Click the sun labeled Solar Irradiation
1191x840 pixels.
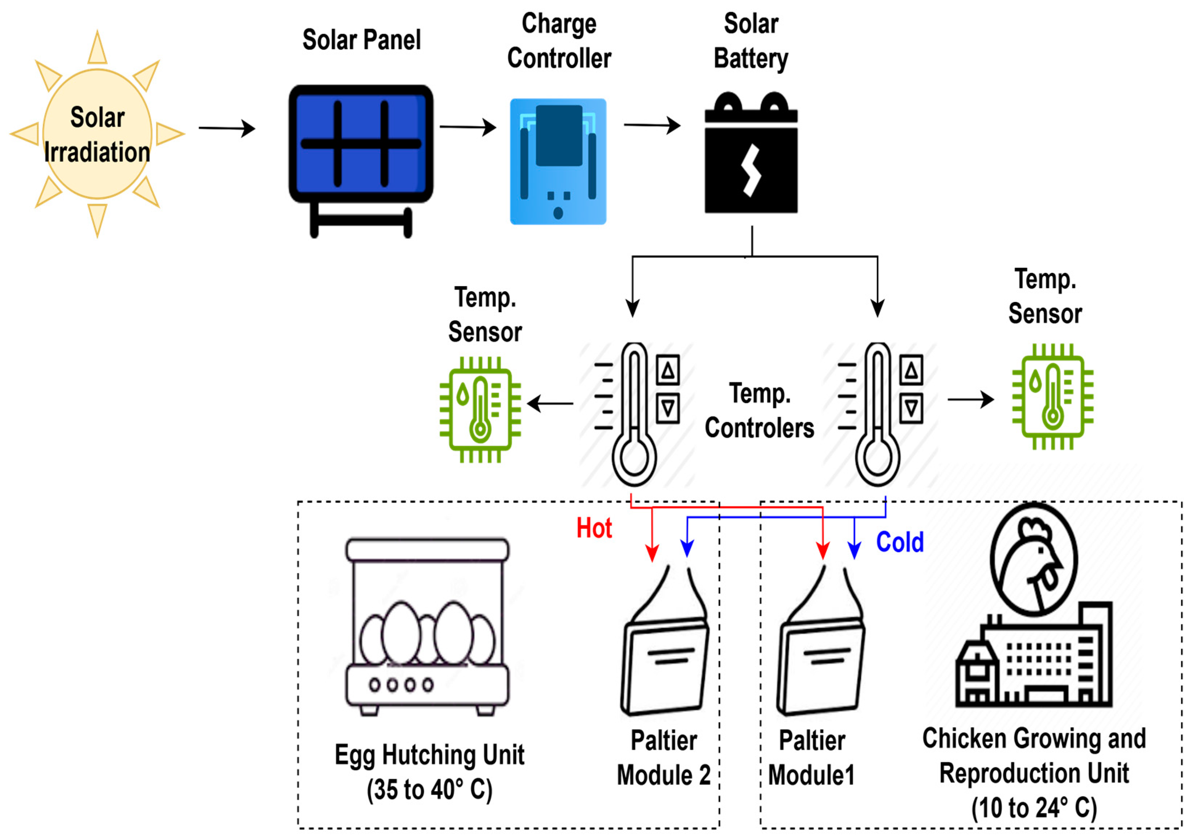(x=97, y=134)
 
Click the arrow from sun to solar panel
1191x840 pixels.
(x=227, y=128)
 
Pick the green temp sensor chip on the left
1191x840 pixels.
(x=480, y=409)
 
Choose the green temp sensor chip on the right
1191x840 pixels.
(x=1052, y=396)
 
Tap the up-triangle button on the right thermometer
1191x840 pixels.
(x=911, y=370)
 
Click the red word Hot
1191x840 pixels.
(x=594, y=528)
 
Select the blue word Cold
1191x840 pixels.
(x=900, y=542)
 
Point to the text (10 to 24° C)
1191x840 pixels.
(x=1034, y=807)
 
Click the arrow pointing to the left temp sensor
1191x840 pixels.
(x=551, y=403)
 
